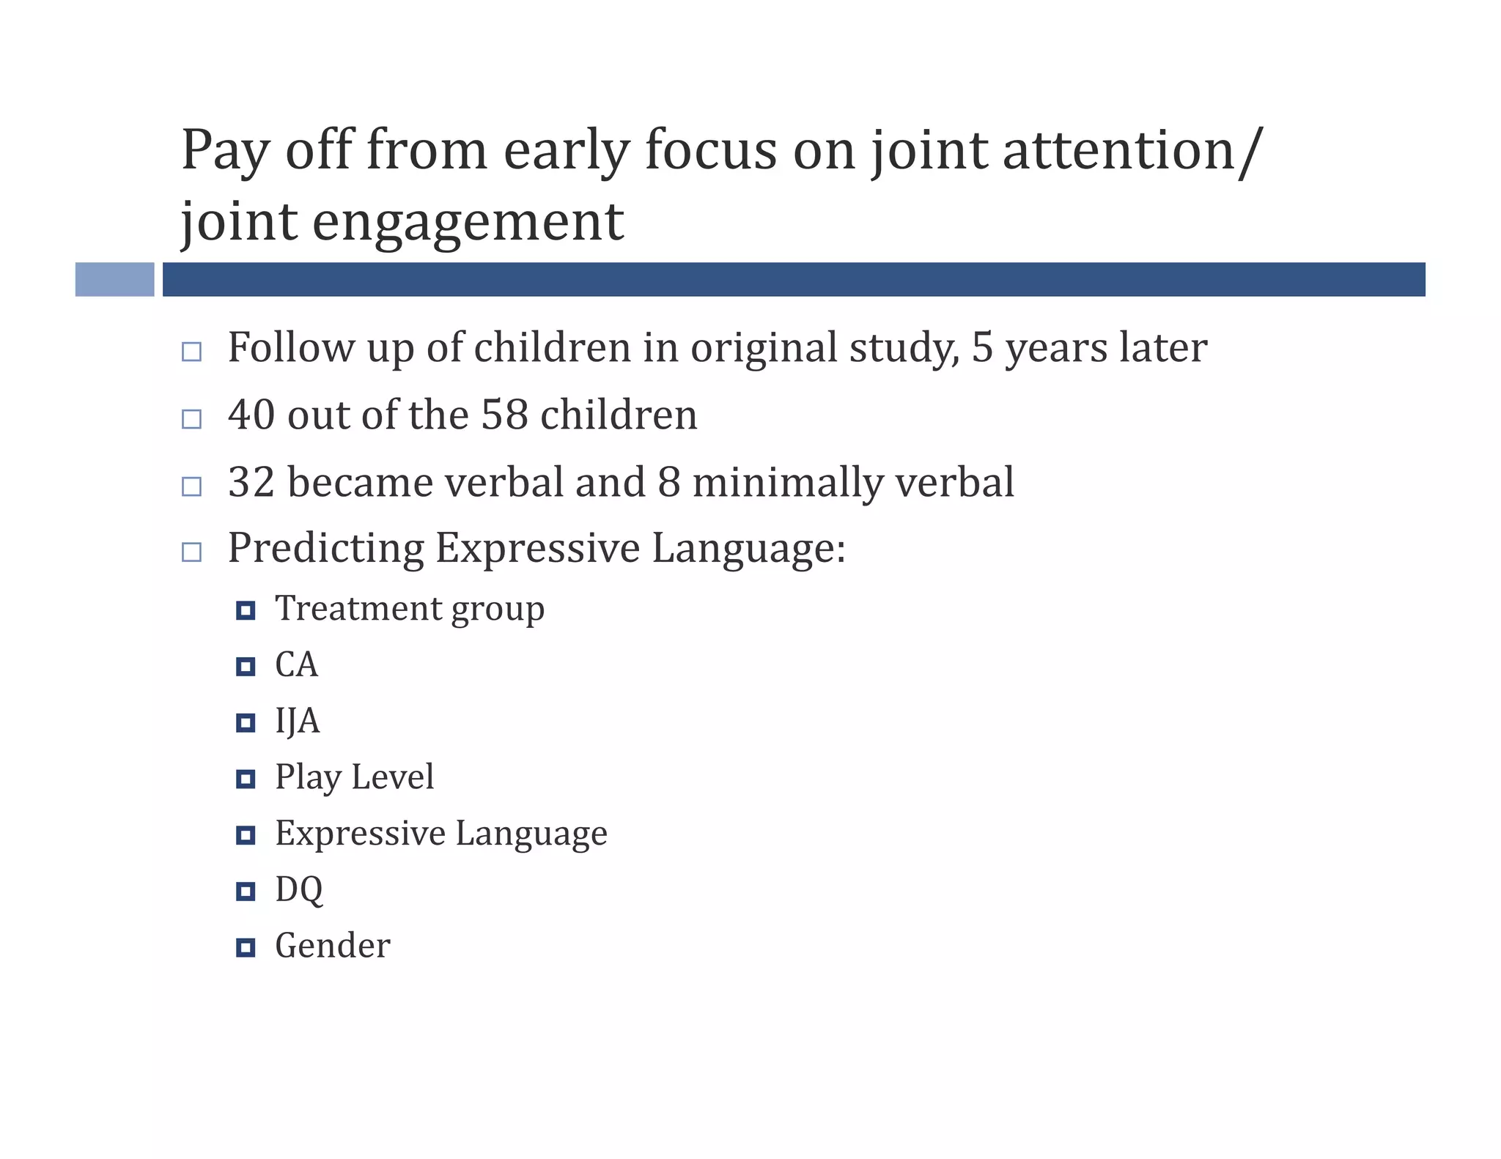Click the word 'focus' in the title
coord(709,150)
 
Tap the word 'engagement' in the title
coord(468,222)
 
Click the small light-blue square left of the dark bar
coord(114,279)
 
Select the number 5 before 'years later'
coord(981,348)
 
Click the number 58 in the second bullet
coord(504,415)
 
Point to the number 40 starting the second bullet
coord(251,415)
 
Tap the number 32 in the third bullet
coord(251,483)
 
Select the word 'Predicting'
coord(325,549)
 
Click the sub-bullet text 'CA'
coord(296,665)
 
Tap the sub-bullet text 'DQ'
coord(298,890)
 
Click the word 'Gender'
coord(332,946)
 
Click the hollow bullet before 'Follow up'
coord(191,352)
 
